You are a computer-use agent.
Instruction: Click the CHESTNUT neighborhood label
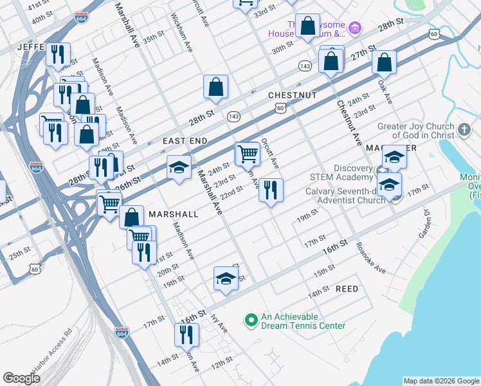pyautogui.click(x=293, y=95)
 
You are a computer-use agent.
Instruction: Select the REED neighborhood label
pyautogui.click(x=347, y=289)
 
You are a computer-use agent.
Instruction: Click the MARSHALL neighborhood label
pyautogui.click(x=173, y=214)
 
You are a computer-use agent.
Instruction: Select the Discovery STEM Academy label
pyautogui.click(x=340, y=173)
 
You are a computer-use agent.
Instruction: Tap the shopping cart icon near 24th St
pyautogui.click(x=248, y=154)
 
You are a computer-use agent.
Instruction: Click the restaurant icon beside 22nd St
pyautogui.click(x=271, y=190)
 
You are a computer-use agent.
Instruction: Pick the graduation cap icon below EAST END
pyautogui.click(x=179, y=167)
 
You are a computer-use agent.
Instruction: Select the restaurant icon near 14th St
pyautogui.click(x=186, y=335)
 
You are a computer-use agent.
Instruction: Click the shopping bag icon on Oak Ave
pyautogui.click(x=384, y=62)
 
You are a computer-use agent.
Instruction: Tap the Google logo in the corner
pyautogui.click(x=22, y=378)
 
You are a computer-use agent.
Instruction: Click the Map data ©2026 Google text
pyautogui.click(x=440, y=381)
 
